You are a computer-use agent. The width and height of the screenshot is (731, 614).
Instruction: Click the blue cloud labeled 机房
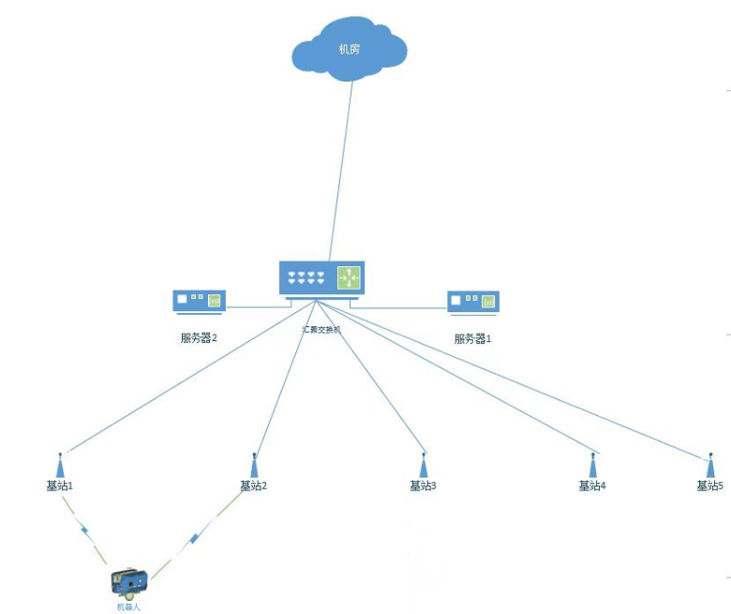coord(349,49)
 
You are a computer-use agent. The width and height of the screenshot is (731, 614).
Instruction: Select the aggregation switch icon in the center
coord(321,278)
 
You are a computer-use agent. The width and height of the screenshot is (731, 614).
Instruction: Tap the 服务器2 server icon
coord(199,302)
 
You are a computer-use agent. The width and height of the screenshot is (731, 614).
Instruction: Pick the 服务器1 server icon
coord(473,302)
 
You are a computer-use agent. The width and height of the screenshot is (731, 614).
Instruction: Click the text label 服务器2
coord(199,338)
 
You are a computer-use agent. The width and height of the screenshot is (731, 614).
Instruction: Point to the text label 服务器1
coord(473,338)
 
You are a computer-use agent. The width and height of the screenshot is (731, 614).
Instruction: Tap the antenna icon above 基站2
coord(254,464)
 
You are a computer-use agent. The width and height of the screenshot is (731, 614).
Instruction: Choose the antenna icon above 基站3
coord(424,465)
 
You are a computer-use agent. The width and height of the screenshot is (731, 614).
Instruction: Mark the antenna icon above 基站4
coord(593,465)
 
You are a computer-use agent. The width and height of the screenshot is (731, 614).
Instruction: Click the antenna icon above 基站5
coord(709,464)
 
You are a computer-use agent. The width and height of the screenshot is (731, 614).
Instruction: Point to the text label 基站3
coord(424,486)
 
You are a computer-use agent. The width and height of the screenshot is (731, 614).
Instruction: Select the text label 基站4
coord(592,486)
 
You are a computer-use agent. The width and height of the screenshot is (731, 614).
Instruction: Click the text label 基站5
coord(709,486)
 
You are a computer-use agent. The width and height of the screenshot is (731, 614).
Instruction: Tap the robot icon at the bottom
coord(129,583)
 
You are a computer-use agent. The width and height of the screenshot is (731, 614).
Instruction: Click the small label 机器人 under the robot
coord(128,607)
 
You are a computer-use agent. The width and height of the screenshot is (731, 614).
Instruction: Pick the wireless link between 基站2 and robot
coord(194,538)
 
